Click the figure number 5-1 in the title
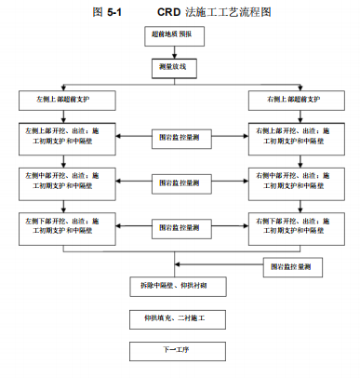pos(113,13)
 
